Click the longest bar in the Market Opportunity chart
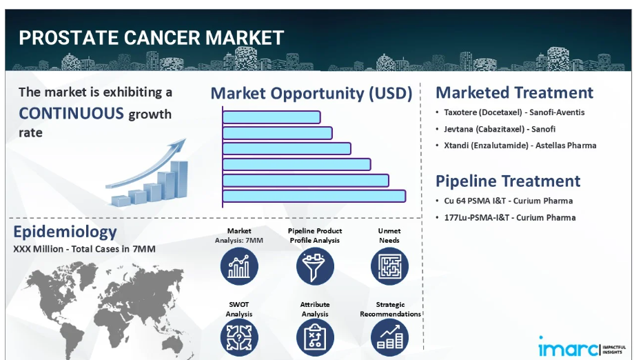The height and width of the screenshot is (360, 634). coord(314,196)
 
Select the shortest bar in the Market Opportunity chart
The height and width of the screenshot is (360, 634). coord(272,117)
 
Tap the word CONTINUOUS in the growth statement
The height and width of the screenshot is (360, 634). coord(71,113)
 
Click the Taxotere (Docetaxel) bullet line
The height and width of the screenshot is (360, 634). coord(514,112)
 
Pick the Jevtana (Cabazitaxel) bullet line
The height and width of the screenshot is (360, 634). coord(500,129)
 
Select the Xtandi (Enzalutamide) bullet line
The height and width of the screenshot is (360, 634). coord(520,146)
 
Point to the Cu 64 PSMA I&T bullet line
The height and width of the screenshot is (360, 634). coord(509,201)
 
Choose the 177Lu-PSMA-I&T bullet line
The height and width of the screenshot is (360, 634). coord(510,218)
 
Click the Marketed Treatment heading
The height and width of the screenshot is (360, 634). coord(514,92)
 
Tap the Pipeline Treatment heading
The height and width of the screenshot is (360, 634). coord(508,181)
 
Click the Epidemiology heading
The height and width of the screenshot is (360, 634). coord(65,232)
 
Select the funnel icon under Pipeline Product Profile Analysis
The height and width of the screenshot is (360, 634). coord(315,266)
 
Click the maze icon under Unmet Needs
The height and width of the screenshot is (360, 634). coord(389,266)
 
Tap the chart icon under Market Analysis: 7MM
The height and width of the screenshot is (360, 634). coord(239,266)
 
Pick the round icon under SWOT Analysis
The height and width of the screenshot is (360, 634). coord(239,338)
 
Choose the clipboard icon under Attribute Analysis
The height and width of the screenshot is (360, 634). coord(315,338)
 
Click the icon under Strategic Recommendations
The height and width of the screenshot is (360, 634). coord(389,338)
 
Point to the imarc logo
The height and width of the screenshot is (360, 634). coord(582,347)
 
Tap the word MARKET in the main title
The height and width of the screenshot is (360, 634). coord(245,38)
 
